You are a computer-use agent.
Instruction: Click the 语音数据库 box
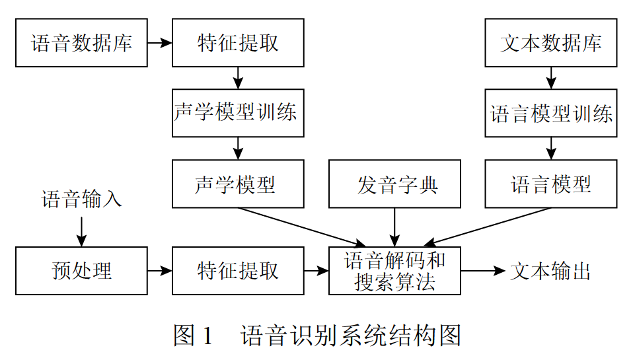pos(81,43)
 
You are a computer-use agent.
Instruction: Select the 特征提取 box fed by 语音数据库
pos(238,43)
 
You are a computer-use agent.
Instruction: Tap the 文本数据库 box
pos(550,43)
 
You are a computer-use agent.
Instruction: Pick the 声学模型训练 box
pos(238,113)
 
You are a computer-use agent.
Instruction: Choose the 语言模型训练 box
pos(550,113)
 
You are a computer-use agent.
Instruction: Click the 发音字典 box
pos(394,184)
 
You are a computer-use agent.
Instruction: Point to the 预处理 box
pos(81,271)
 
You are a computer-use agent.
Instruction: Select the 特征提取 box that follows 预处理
pos(238,271)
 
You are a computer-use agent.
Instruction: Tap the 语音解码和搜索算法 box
pos(394,271)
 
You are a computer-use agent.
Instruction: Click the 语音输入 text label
pos(81,199)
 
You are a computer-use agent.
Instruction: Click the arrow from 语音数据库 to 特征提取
pos(159,43)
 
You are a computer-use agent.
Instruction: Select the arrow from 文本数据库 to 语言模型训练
pos(550,78)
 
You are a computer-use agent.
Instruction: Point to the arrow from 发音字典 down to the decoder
pos(394,227)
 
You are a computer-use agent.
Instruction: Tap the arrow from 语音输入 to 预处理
pos(81,230)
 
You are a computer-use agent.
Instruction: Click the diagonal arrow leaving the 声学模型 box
pos(301,227)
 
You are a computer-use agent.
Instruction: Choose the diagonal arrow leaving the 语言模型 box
pos(489,227)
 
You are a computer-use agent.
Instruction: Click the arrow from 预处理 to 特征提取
pos(159,271)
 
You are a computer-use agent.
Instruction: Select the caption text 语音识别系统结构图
pos(350,336)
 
